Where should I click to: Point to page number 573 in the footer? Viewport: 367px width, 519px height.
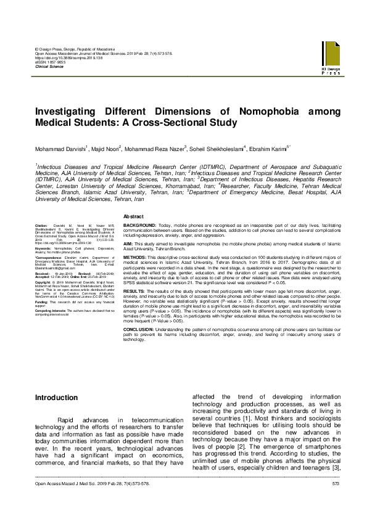point(336,501)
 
